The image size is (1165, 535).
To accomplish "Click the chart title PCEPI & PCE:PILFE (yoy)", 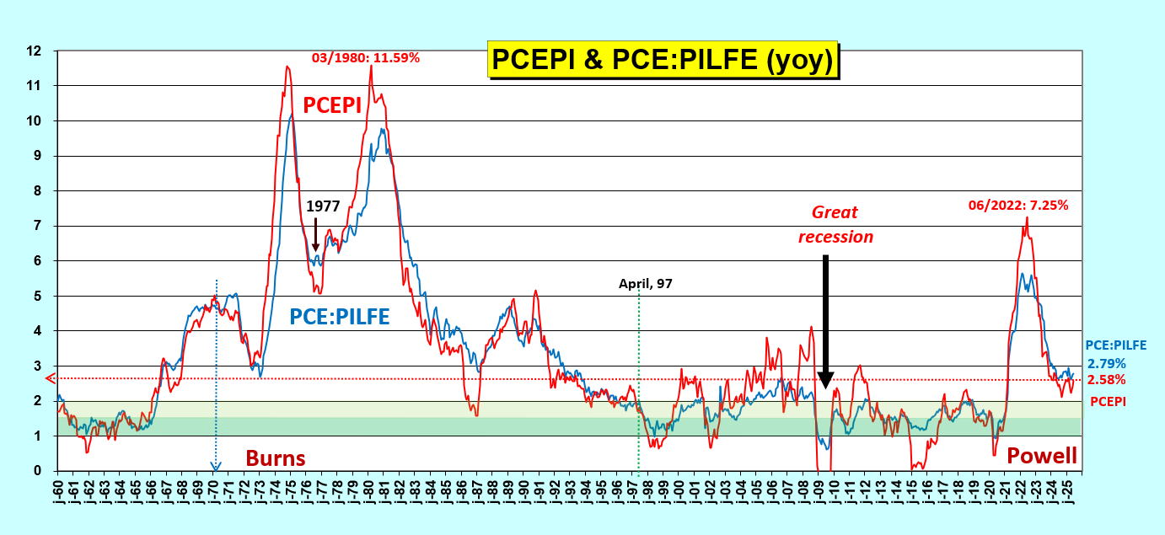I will pos(663,60).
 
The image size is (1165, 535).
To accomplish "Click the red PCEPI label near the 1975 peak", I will pos(332,104).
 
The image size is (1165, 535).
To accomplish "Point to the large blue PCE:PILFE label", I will pos(340,317).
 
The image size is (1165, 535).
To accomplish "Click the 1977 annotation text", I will pos(323,206).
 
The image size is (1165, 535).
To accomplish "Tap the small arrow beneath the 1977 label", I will pos(315,233).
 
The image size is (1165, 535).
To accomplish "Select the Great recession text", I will pos(835,225).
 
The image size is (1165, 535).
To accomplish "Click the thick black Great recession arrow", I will pos(825,320).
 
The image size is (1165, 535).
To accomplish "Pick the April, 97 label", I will pos(646,284).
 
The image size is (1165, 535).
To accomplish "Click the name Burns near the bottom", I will pos(276,458).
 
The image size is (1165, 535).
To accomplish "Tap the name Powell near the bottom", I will pos(1042,456).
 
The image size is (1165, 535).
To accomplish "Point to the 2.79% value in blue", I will pos(1107,364).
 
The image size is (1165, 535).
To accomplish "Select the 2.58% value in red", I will pos(1107,381).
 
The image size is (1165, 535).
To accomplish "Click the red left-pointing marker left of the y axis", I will pos(51,378).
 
